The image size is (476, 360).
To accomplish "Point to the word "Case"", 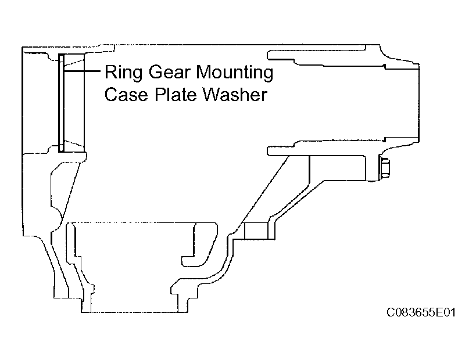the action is pos(126,94).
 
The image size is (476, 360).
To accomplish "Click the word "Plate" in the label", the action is pos(176,94).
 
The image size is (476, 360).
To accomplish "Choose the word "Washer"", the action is pos(235,94).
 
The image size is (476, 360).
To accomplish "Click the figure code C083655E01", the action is pos(421,312).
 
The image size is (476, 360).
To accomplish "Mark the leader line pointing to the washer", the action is pos(82,71).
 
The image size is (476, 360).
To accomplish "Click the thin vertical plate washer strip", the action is pos(62,103).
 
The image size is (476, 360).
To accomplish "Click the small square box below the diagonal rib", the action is pos(256,231).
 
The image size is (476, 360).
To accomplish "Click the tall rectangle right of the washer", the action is pos(74,103).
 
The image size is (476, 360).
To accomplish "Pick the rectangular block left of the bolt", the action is pos(337,168).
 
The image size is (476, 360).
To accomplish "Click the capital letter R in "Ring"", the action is pos(110,72).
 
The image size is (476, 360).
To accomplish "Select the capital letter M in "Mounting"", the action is pos(204,72).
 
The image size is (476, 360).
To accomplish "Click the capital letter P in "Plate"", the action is pos(160,94).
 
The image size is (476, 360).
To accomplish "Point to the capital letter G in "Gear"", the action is pos(155,72).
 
